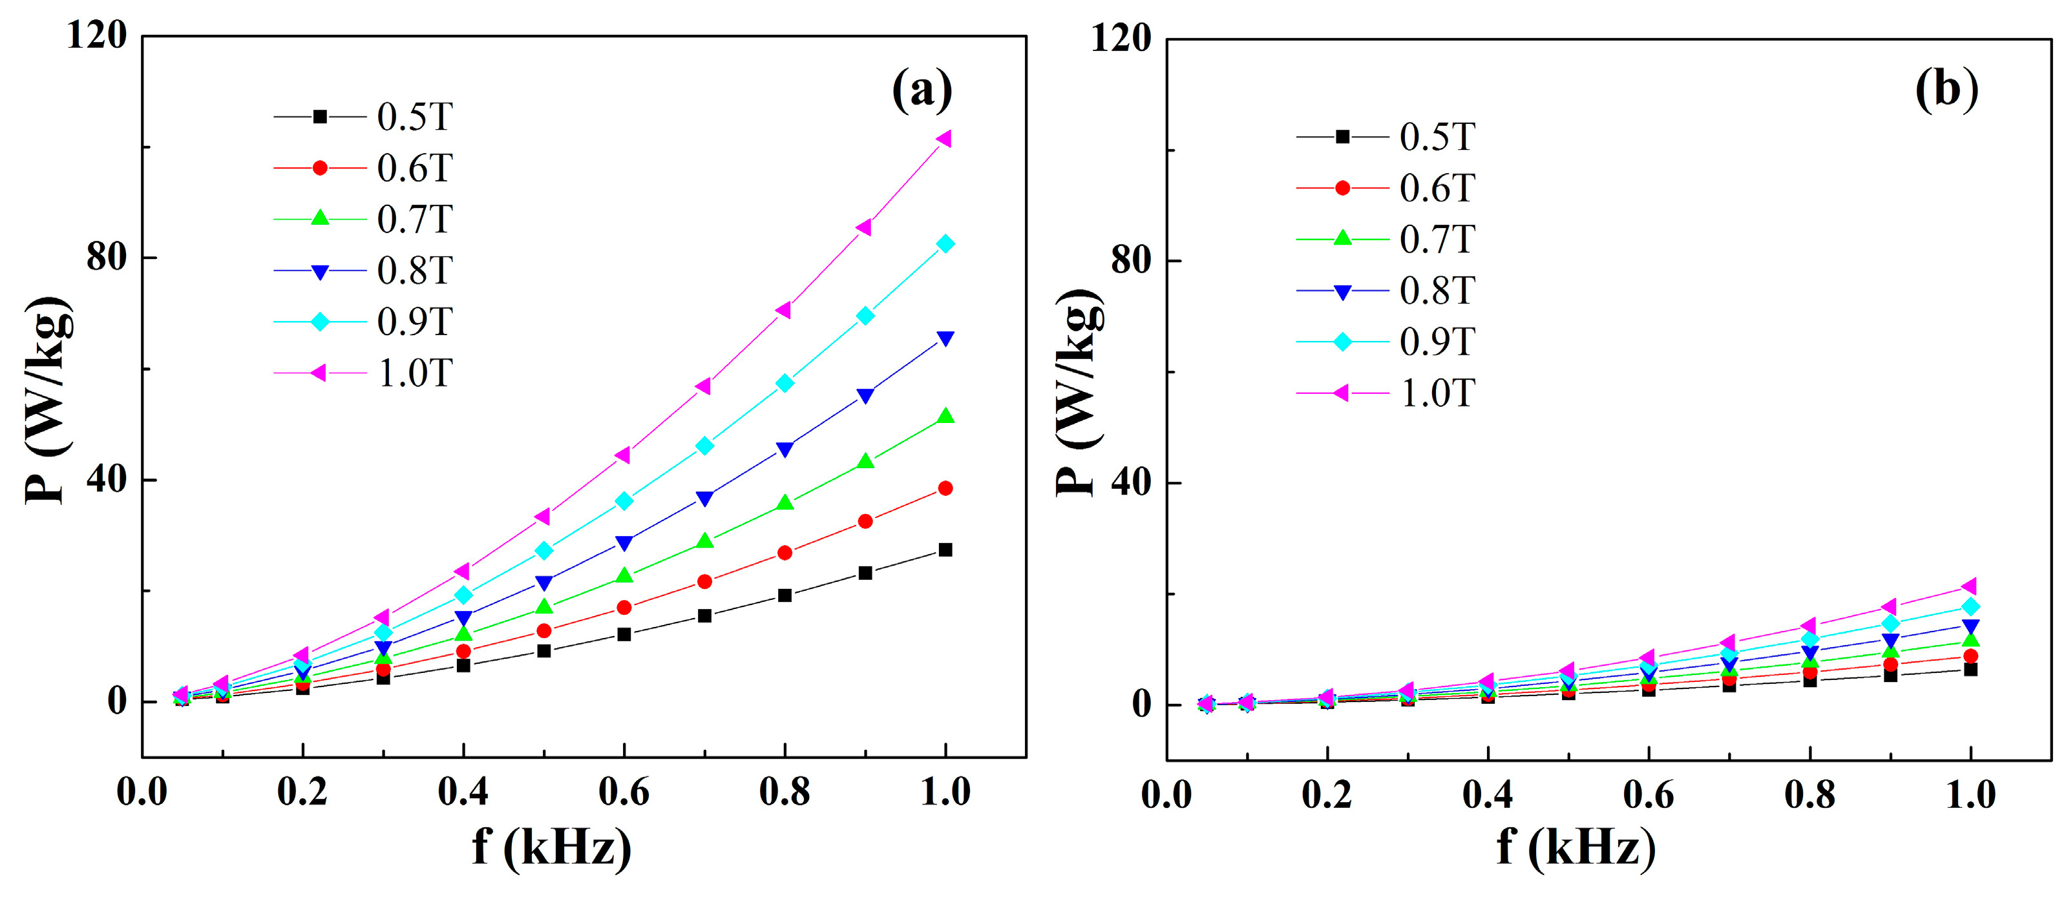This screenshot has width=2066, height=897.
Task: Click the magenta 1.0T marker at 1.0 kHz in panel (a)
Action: click(944, 139)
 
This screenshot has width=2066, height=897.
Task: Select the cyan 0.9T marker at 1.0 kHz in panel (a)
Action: click(945, 243)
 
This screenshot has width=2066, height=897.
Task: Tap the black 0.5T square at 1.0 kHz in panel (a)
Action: click(945, 550)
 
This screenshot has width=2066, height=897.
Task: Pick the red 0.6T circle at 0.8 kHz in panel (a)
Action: click(785, 553)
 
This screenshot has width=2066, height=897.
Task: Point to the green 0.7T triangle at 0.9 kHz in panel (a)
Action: click(865, 461)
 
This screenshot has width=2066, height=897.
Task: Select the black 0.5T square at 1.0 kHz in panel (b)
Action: click(1970, 669)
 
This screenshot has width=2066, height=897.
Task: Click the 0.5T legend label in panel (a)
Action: click(415, 117)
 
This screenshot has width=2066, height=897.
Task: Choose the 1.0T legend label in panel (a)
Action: click(415, 373)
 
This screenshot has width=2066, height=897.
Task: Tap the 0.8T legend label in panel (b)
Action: click(1437, 291)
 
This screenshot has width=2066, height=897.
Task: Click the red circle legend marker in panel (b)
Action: click(1343, 189)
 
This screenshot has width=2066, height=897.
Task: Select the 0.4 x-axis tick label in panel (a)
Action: click(463, 792)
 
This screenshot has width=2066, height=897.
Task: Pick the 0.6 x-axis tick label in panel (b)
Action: click(1648, 795)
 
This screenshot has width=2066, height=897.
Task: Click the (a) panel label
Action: click(922, 90)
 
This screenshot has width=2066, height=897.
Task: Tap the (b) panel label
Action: click(1946, 89)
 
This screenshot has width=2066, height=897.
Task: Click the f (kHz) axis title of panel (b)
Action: click(1576, 847)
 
